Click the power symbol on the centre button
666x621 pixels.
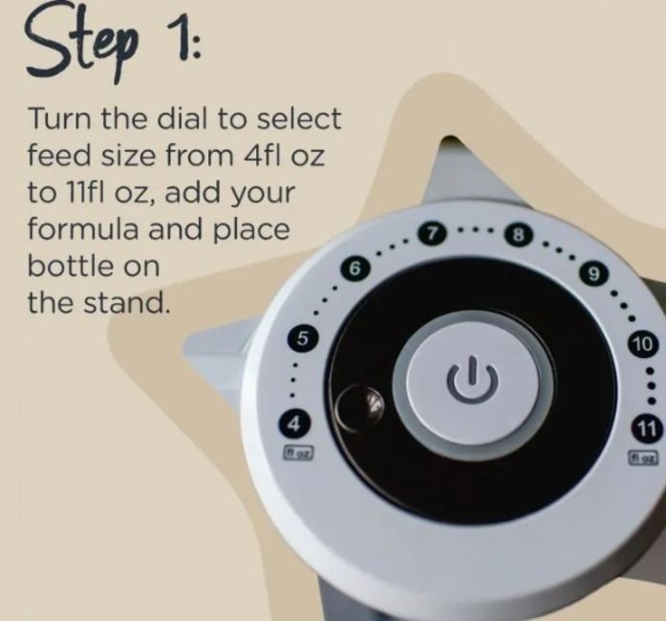pyautogui.click(x=472, y=378)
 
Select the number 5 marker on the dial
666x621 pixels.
pyautogui.click(x=302, y=338)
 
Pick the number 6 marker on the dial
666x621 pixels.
pyautogui.click(x=355, y=268)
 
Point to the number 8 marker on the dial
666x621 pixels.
pyautogui.click(x=518, y=234)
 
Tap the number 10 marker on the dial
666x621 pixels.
pyautogui.click(x=644, y=344)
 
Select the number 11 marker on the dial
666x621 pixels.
pyautogui.click(x=646, y=429)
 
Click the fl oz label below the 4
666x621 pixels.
pyautogui.click(x=298, y=452)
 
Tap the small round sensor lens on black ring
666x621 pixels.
pyautogui.click(x=359, y=406)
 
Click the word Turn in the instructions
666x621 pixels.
pyautogui.click(x=59, y=118)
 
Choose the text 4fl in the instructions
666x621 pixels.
pyautogui.click(x=260, y=155)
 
